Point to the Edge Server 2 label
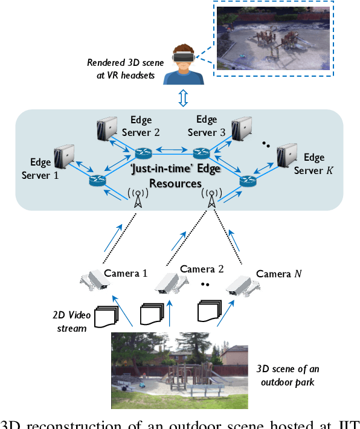(144, 126)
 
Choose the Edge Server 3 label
(206, 126)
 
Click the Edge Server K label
(313, 164)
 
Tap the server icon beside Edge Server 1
(65, 156)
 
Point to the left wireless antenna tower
(138, 198)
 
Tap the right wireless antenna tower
(211, 198)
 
